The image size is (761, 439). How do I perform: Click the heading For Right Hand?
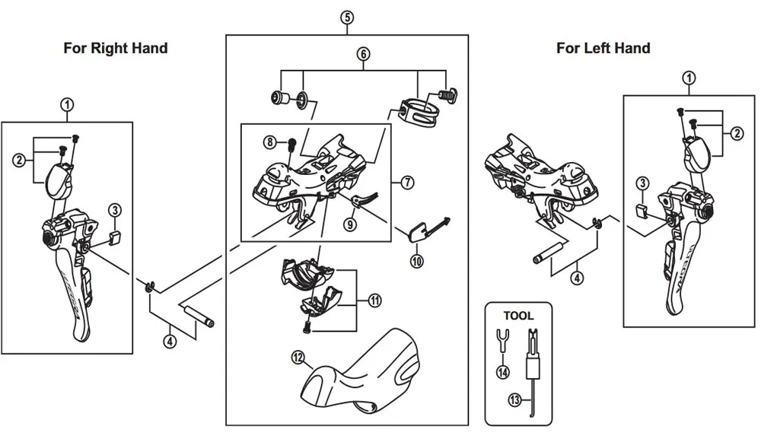tap(115, 48)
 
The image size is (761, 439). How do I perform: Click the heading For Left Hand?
tap(603, 48)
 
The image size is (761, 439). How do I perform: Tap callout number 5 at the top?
tap(347, 17)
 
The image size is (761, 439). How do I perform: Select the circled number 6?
tap(364, 54)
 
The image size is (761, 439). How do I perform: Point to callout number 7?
tap(408, 182)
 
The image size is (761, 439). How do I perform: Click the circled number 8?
tap(269, 142)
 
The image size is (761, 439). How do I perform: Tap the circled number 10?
tap(416, 260)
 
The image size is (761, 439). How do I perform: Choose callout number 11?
tap(374, 301)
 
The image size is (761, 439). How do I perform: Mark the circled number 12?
tap(296, 355)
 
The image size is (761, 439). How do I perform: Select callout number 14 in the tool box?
tap(501, 372)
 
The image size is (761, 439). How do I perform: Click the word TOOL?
tap(518, 315)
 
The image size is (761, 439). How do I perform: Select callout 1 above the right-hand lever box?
tap(68, 105)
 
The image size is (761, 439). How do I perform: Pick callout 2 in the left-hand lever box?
tap(737, 133)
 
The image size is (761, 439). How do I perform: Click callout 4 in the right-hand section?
tap(170, 342)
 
